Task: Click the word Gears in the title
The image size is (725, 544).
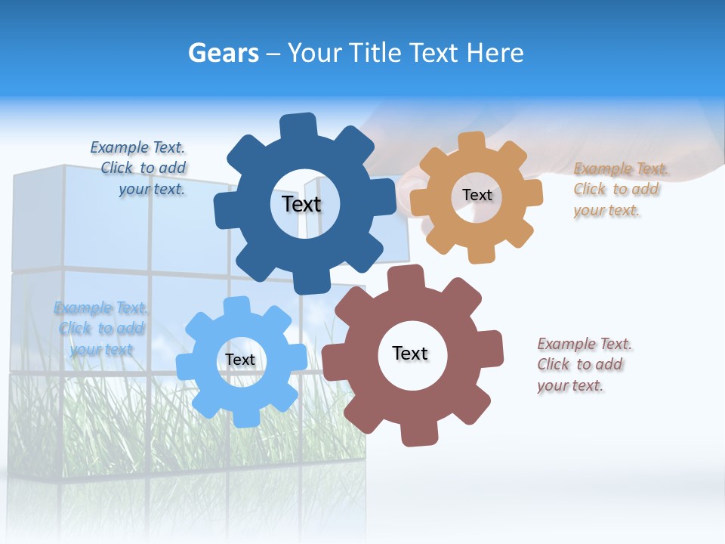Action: (223, 53)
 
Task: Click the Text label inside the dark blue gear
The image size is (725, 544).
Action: (301, 204)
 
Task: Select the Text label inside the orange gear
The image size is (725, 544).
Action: (477, 195)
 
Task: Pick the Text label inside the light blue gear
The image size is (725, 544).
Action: (239, 360)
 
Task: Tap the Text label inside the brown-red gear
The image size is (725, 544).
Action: (410, 353)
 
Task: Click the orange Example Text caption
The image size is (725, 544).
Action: (616, 189)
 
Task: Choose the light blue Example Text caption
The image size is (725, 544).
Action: (101, 328)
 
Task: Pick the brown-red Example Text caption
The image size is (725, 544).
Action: (582, 364)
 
